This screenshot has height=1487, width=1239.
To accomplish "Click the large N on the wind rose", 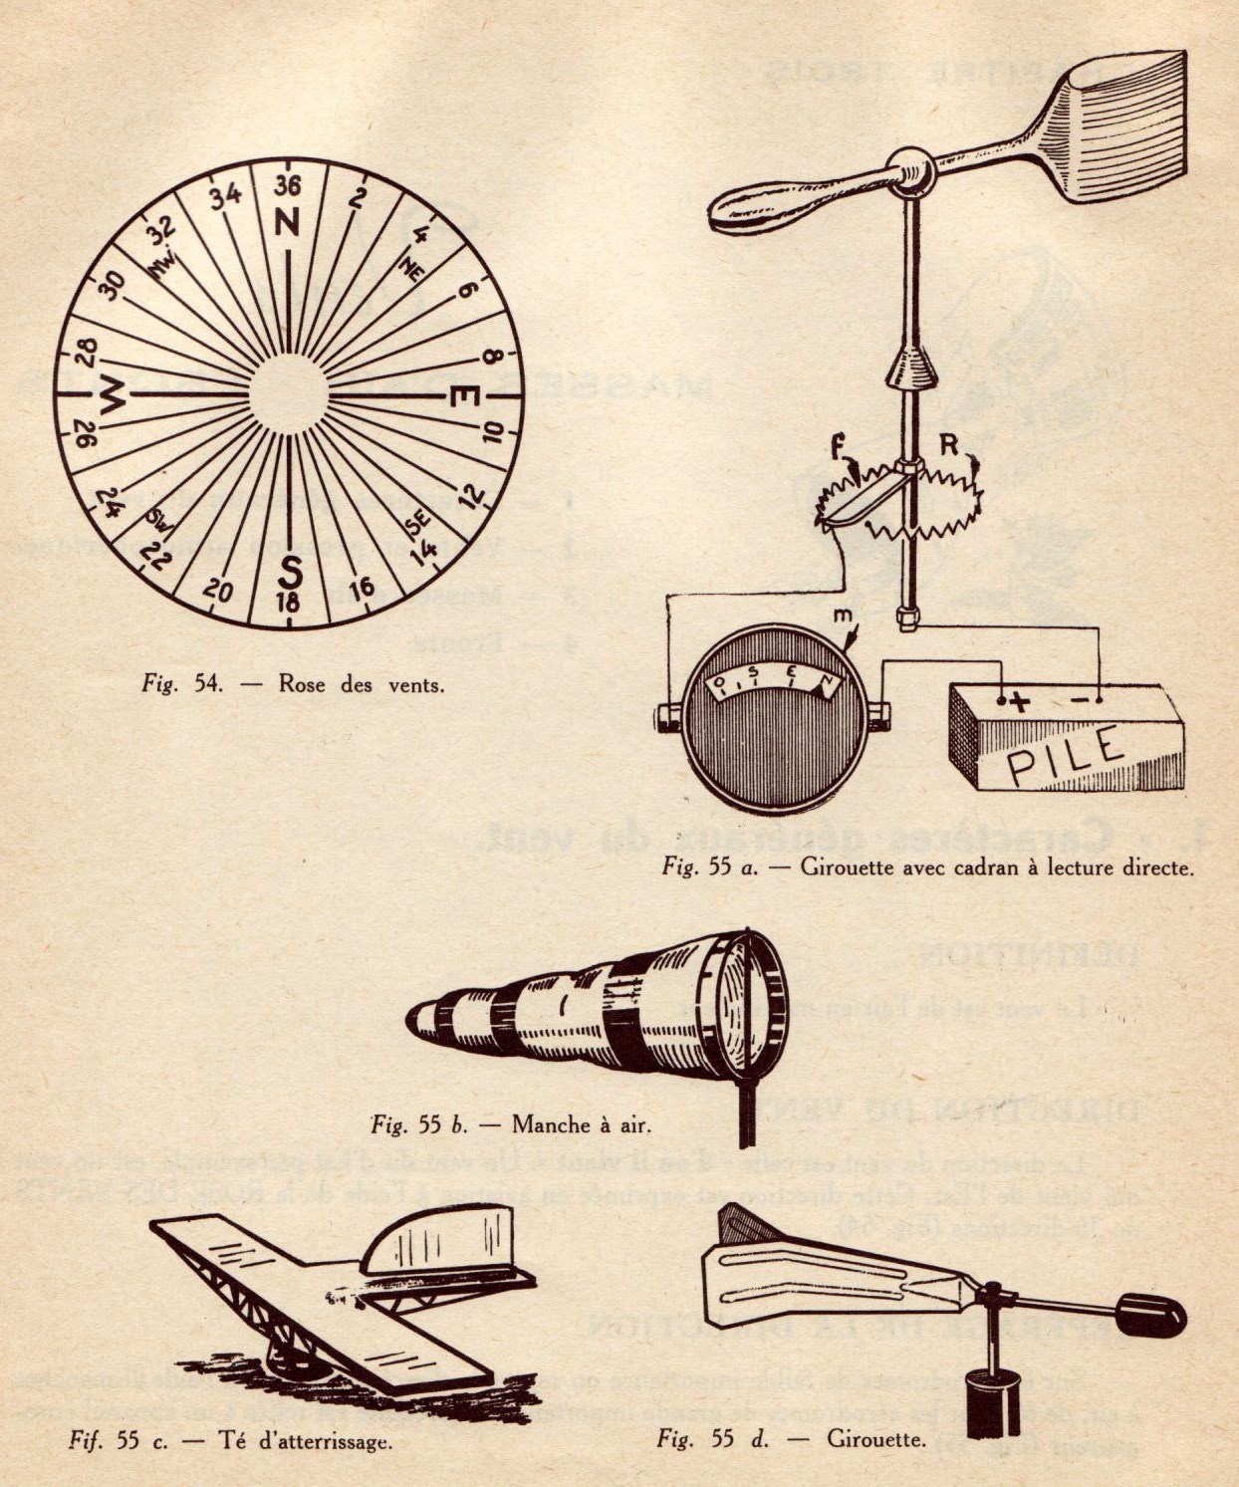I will pos(287,224).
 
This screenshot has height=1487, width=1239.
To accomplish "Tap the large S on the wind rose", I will pos(290,572).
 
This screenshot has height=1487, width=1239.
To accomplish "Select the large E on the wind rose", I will pos(464,397).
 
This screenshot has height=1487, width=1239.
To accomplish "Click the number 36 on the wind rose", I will pos(287,186).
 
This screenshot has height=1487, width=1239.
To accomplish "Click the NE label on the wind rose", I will pos(409,267).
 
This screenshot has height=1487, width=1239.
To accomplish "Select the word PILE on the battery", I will pos(1063,755).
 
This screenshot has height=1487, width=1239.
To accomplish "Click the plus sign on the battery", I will pos(1019,701).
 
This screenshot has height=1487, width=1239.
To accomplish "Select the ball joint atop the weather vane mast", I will pos(909,170).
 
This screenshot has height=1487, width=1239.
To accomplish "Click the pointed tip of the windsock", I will pos(413,1017).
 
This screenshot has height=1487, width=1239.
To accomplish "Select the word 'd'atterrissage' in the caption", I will pos(317,1440).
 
